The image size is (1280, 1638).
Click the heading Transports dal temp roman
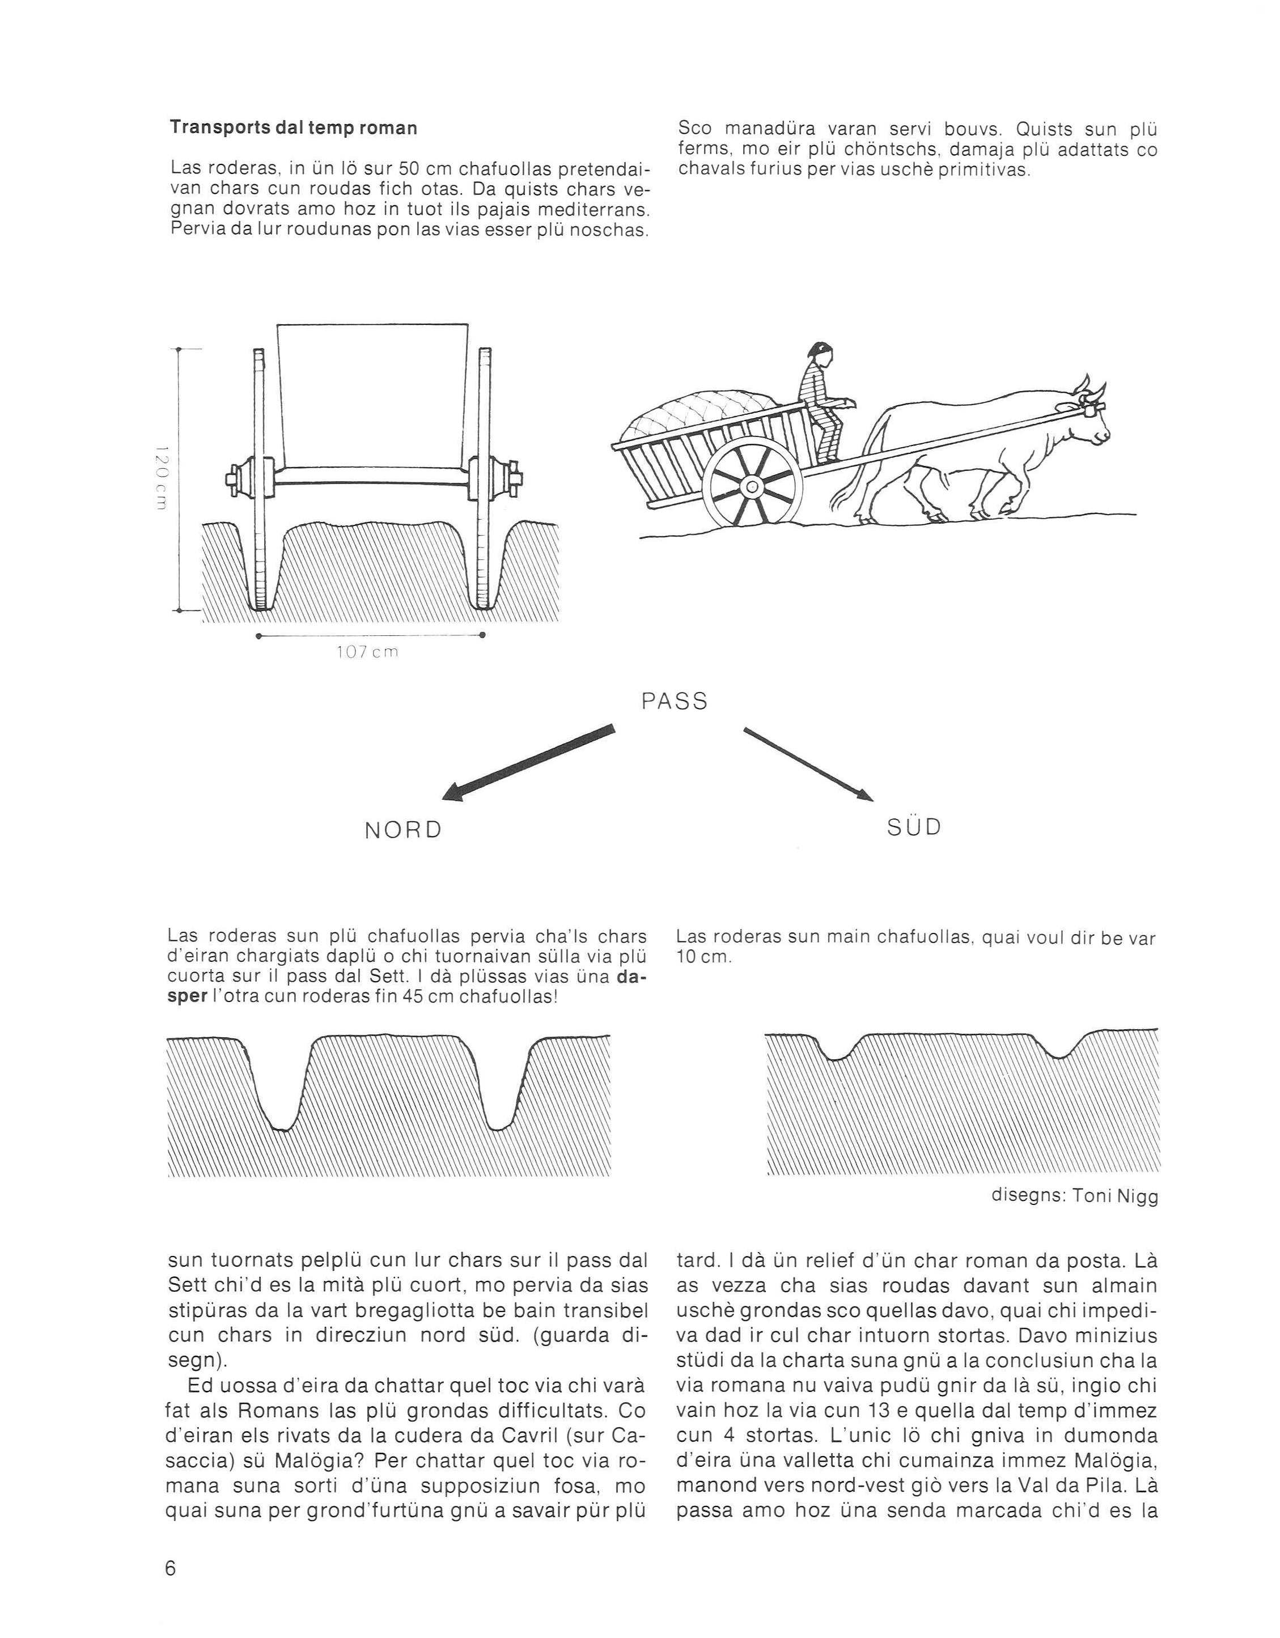pos(294,128)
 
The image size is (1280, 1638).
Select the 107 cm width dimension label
pos(368,652)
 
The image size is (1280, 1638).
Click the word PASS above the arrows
pos(675,701)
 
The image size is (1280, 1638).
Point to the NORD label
pos(404,830)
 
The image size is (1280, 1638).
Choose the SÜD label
pos(914,828)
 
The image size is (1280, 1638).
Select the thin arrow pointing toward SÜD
pos(809,763)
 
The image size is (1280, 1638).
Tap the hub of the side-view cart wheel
pos(751,487)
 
